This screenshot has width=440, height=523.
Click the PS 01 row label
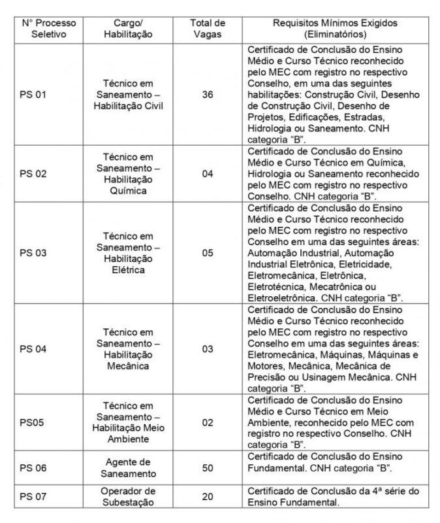click(33, 95)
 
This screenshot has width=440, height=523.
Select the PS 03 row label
click(33, 252)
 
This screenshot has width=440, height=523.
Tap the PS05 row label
click(31, 422)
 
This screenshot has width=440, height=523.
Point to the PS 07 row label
click(33, 497)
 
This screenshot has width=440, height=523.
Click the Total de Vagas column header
click(207, 28)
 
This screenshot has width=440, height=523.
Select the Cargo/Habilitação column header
click(128, 28)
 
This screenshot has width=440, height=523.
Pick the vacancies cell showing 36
click(208, 95)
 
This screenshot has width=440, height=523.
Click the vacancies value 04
click(208, 175)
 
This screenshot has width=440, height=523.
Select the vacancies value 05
click(208, 252)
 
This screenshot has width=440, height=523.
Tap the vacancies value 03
click(208, 349)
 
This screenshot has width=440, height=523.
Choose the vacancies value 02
click(208, 422)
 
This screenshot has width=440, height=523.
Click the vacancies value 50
click(208, 467)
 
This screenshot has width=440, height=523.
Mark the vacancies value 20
click(208, 497)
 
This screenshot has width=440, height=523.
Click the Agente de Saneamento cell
click(128, 467)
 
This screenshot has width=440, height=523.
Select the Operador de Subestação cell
click(128, 497)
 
